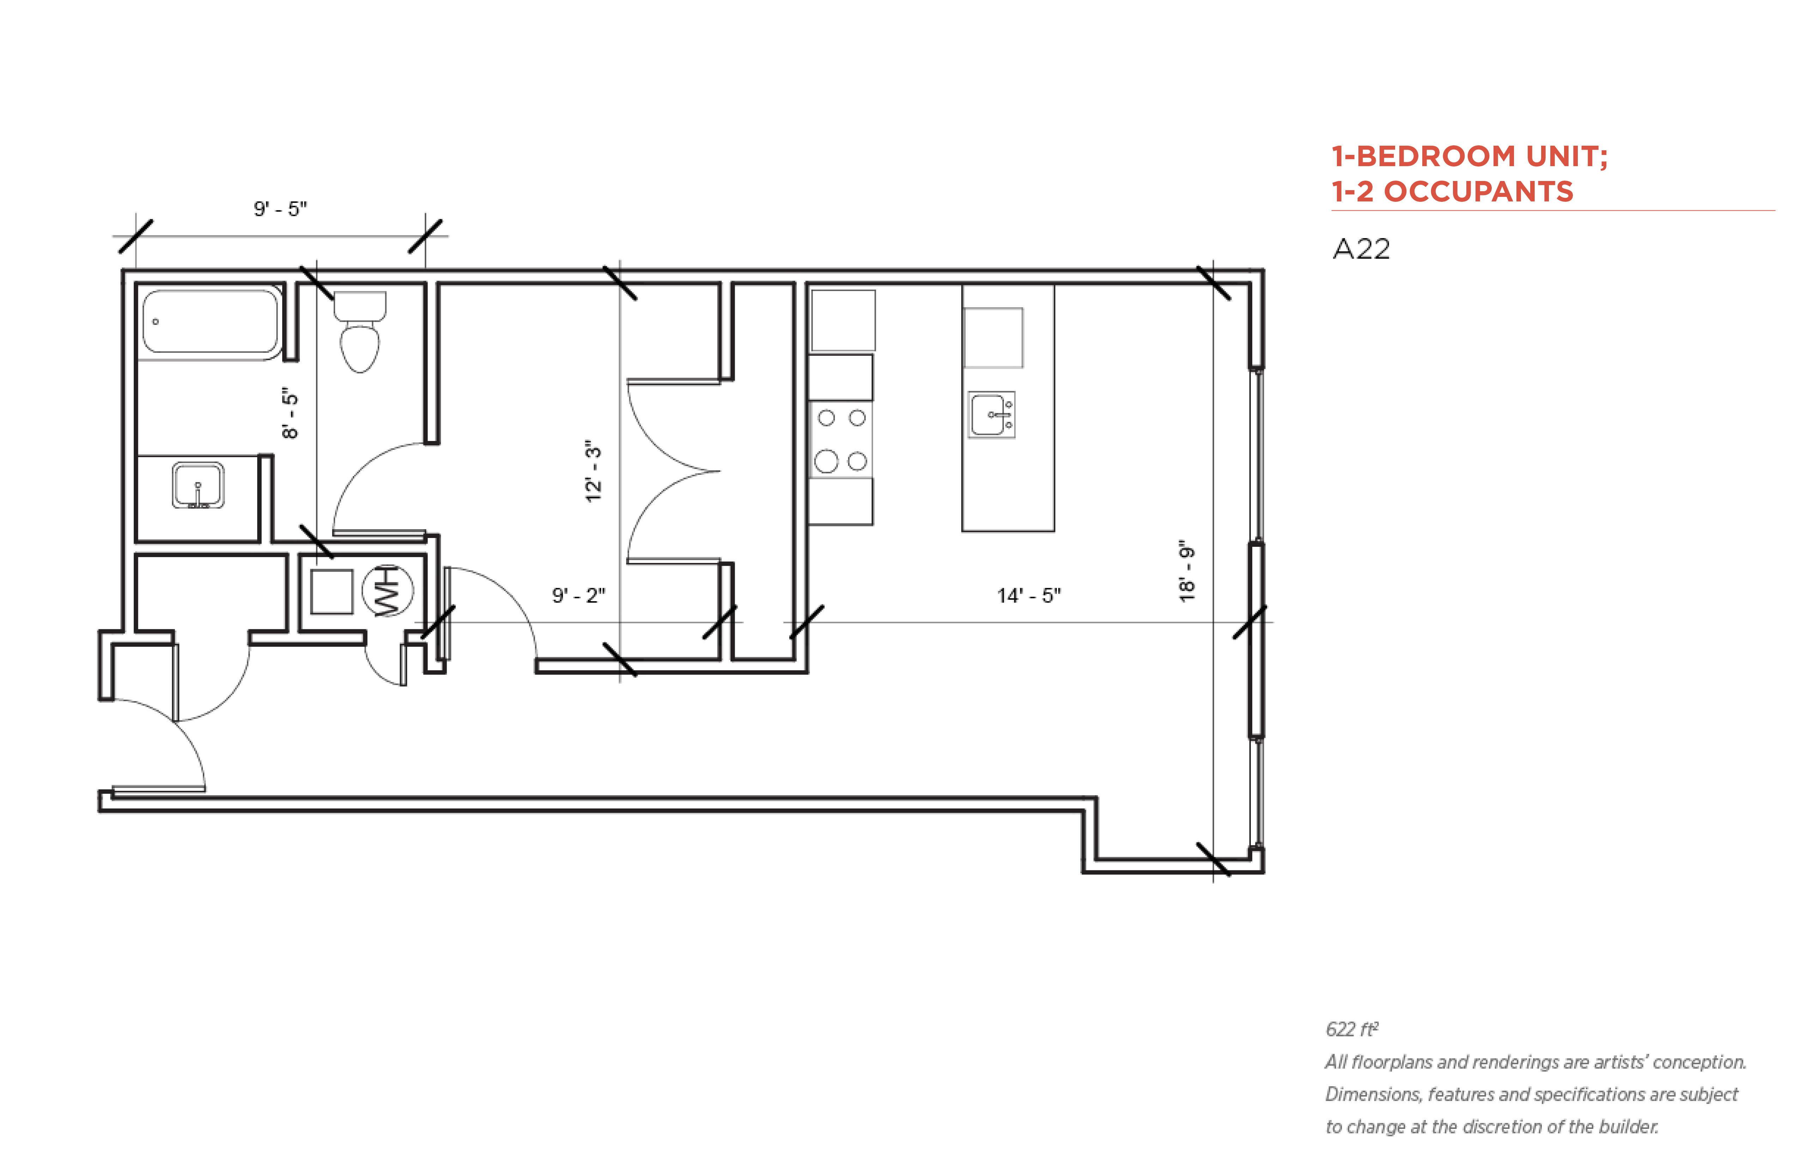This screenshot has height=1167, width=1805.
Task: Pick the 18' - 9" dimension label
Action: (1187, 572)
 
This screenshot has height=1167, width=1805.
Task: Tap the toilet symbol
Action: (360, 332)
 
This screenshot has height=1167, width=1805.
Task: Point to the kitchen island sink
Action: (992, 415)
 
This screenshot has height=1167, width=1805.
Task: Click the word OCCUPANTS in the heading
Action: (1478, 192)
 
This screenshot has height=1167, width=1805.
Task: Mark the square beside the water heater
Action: (332, 591)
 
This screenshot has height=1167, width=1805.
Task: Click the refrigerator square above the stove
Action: (843, 321)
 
